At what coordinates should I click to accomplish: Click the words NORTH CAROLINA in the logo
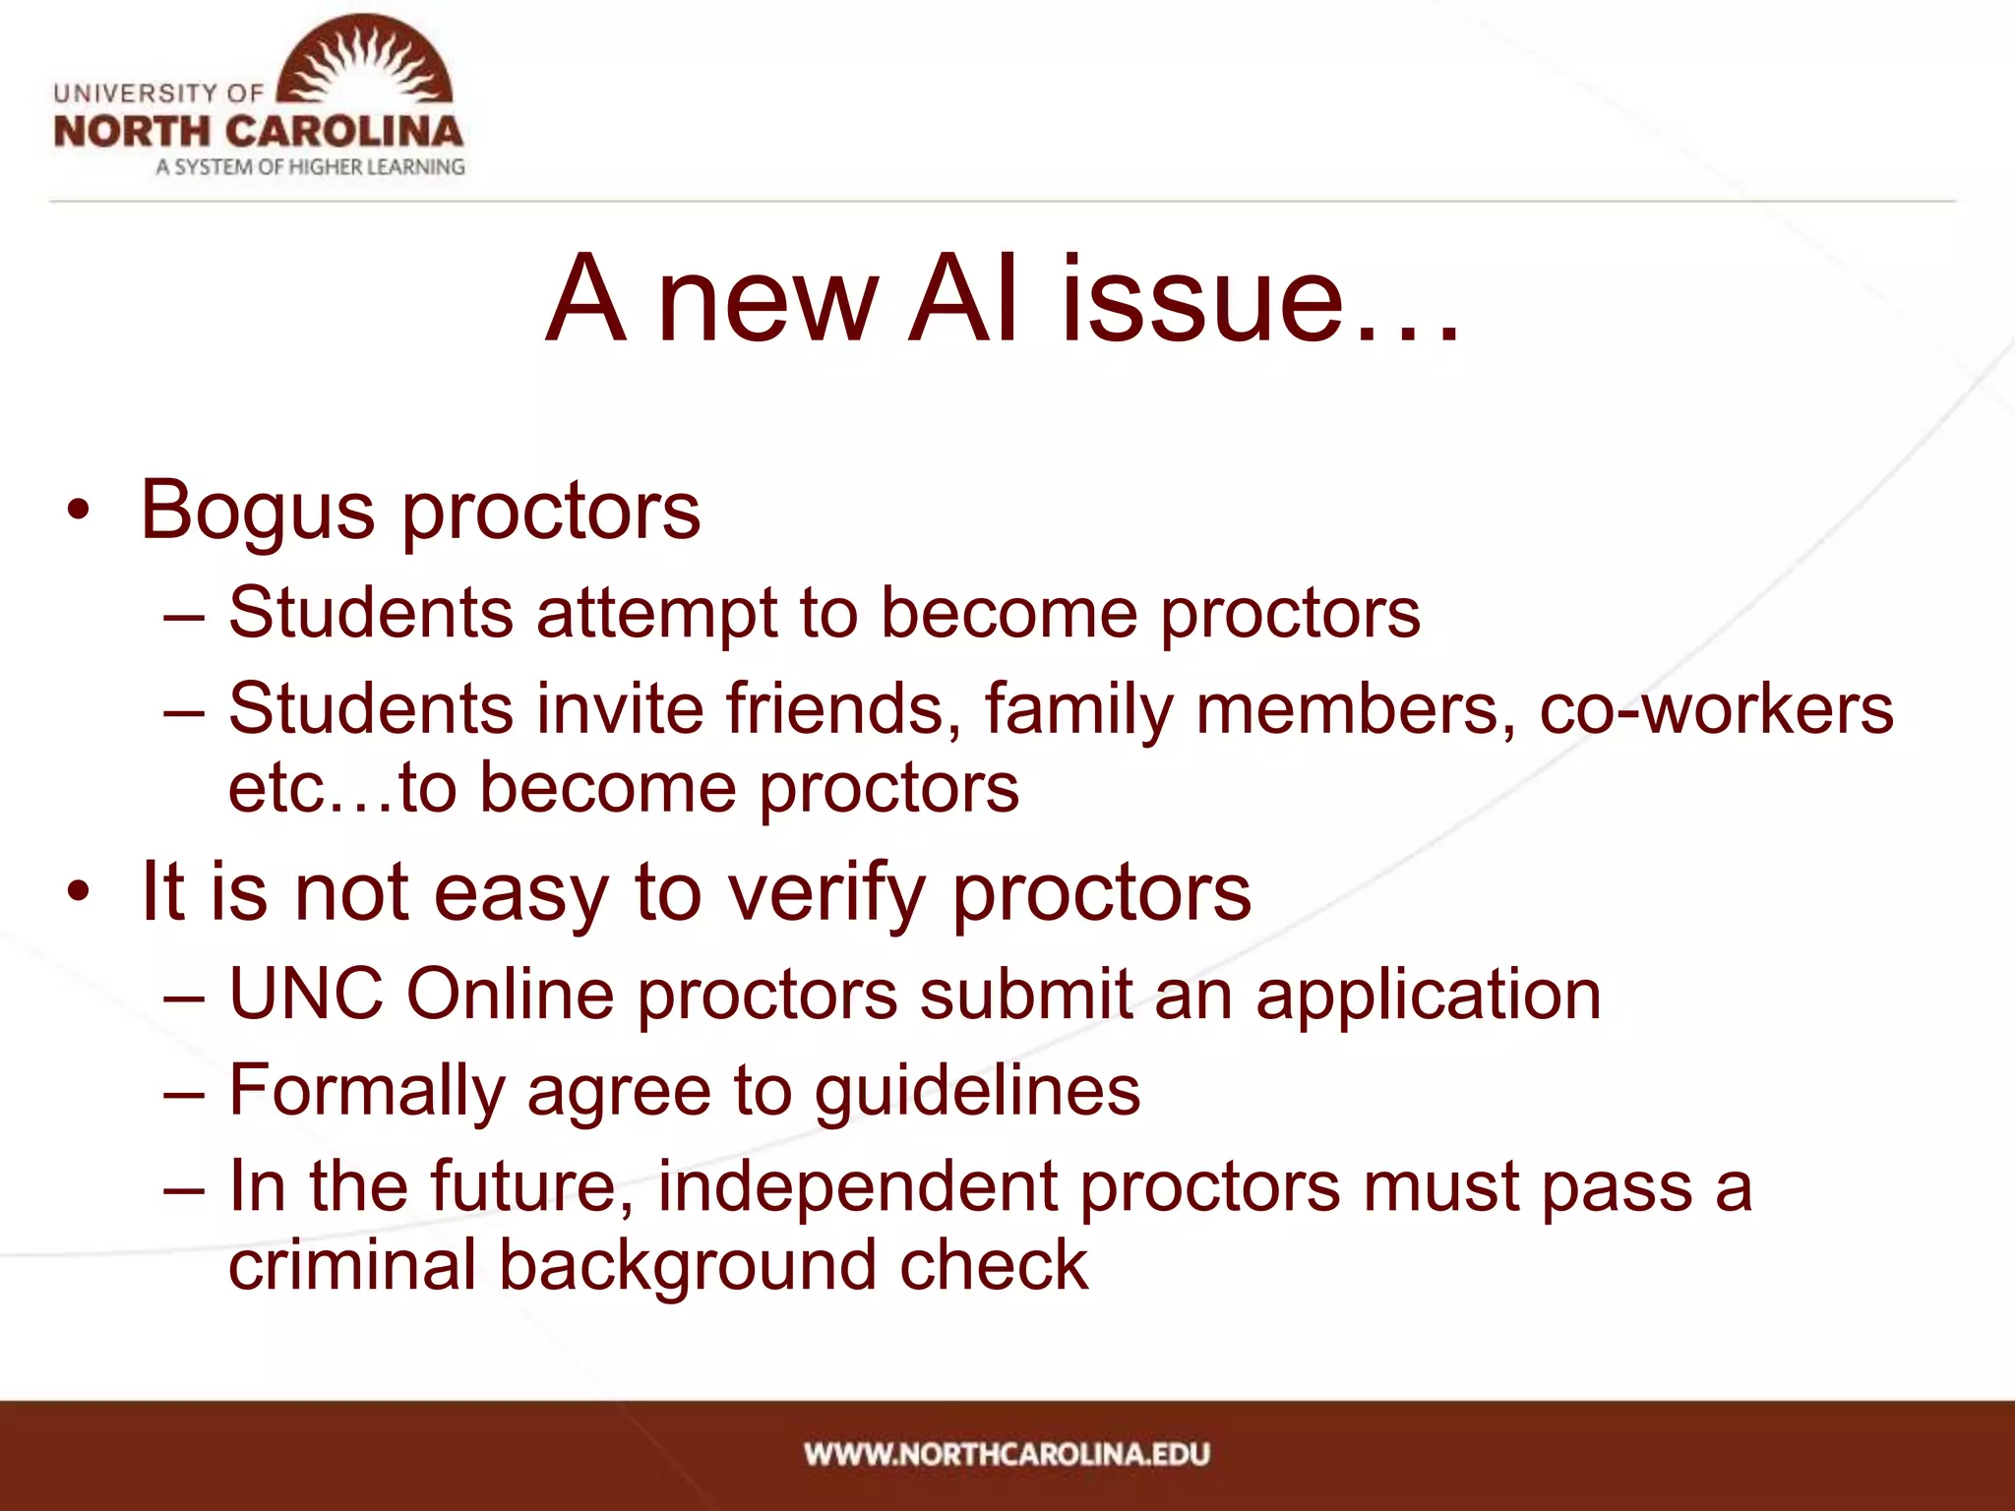click(258, 132)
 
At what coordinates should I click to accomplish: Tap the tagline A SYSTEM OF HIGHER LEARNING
click(310, 167)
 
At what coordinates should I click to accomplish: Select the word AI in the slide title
click(964, 299)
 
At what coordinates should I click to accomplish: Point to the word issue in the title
click(1202, 299)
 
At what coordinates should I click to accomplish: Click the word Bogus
click(258, 512)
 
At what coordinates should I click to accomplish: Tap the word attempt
click(657, 614)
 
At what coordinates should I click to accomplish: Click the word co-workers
click(1716, 708)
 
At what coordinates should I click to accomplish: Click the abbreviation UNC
click(306, 994)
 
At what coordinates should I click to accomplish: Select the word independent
click(857, 1186)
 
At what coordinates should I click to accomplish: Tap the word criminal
click(352, 1265)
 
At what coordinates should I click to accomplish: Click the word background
click(687, 1265)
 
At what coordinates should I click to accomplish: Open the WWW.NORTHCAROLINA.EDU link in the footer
click(1007, 1454)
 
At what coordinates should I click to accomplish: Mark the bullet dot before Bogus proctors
click(79, 512)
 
